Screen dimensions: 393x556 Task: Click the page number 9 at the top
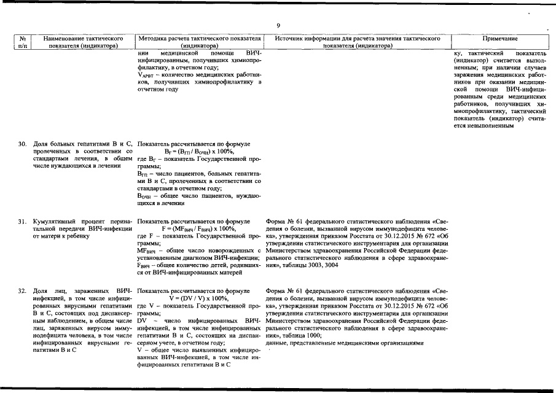tap(278, 26)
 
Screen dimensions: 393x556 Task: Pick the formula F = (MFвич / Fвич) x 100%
tap(199, 228)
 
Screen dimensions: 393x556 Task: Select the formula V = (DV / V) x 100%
tap(199, 298)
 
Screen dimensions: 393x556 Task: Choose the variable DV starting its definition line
tap(143, 321)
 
